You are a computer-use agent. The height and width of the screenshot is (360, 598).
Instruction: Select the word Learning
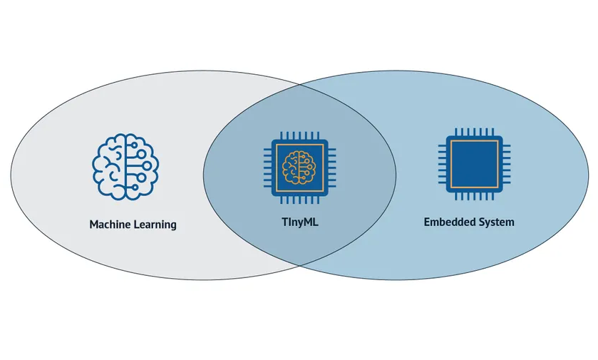click(155, 225)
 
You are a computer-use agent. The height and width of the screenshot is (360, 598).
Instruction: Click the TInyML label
click(299, 222)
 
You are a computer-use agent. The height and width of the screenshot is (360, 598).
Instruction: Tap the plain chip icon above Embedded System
click(470, 163)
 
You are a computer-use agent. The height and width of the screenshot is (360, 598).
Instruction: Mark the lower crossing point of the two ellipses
click(300, 265)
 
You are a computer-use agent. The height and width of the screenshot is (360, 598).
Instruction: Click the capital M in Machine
click(94, 225)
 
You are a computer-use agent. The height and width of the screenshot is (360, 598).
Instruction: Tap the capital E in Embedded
click(427, 222)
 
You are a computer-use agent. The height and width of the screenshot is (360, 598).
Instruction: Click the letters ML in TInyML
click(310, 222)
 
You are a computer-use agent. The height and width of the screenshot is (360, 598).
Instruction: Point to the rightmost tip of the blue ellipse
click(590, 175)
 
